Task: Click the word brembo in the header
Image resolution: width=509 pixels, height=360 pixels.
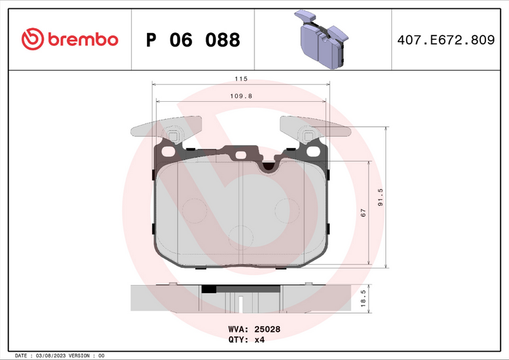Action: click(81, 39)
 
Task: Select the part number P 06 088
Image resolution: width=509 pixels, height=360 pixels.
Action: click(193, 40)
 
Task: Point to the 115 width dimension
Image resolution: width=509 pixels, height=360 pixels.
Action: click(240, 80)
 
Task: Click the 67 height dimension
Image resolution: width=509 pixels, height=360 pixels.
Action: click(363, 214)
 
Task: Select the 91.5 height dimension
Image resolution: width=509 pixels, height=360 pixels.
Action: click(380, 198)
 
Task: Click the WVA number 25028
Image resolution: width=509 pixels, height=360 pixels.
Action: click(268, 329)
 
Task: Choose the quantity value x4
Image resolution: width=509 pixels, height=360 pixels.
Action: click(259, 340)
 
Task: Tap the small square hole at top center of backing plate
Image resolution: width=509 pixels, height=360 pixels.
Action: click(241, 155)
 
